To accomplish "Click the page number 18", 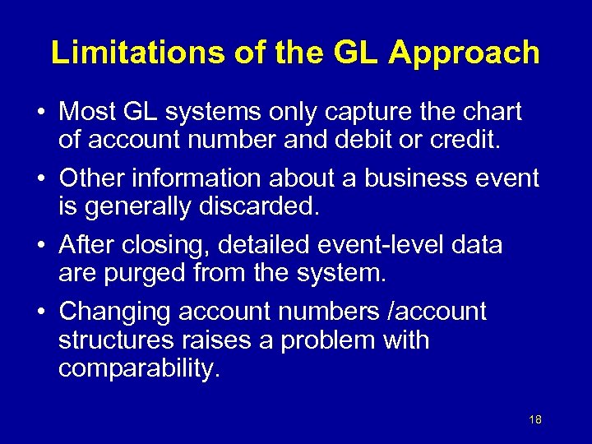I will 535,420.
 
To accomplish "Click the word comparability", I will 139,367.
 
